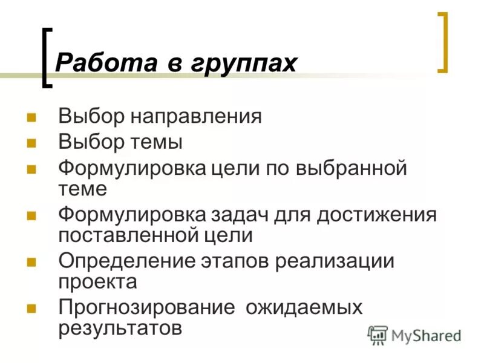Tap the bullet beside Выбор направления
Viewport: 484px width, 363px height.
click(x=32, y=116)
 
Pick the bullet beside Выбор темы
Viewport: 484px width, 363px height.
click(x=32, y=143)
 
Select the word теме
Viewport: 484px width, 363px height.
click(x=83, y=189)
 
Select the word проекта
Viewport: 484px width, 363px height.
click(x=97, y=281)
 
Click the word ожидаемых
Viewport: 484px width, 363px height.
click(x=304, y=308)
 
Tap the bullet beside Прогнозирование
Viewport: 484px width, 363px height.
click(x=32, y=308)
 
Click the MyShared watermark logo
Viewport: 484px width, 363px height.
click(x=414, y=335)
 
